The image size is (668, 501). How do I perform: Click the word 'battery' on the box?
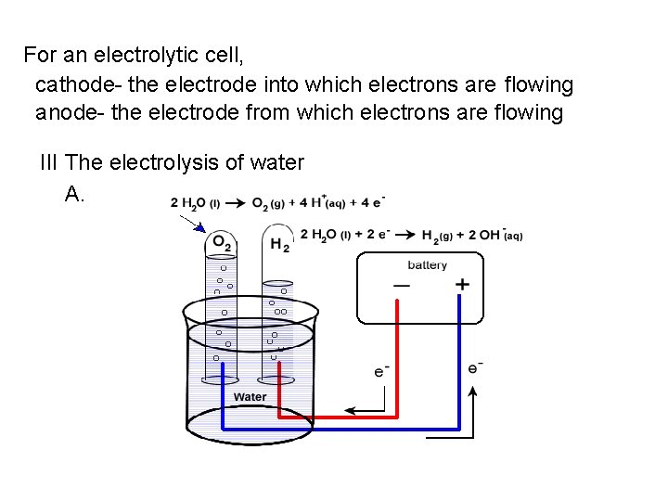(x=427, y=265)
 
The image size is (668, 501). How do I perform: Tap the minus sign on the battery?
(x=402, y=286)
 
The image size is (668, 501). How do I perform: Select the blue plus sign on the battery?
(x=462, y=285)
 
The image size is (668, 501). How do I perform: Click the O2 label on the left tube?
(x=222, y=243)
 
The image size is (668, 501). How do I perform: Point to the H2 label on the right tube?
(x=279, y=245)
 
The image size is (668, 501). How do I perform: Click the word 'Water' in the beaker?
(x=250, y=397)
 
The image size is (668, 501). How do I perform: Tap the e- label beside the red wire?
(x=381, y=371)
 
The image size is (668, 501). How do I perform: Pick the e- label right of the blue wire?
(x=475, y=367)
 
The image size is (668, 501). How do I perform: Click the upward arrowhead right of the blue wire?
(x=473, y=392)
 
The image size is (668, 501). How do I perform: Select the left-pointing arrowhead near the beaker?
(x=349, y=409)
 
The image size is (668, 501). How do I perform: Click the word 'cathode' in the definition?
(x=71, y=85)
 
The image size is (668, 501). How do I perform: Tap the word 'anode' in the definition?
(x=64, y=113)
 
